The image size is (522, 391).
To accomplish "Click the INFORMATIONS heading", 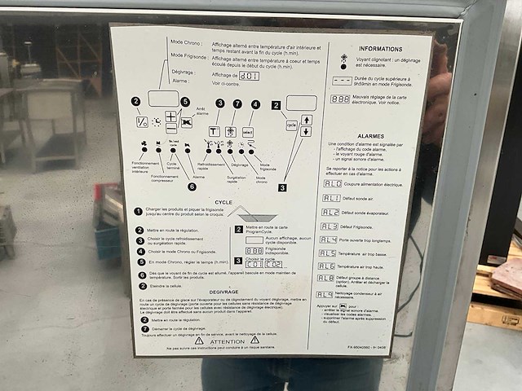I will (380, 49).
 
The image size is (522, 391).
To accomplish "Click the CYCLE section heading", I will (223, 202).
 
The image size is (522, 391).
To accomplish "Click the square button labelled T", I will (214, 130).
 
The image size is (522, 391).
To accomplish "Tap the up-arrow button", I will (307, 120).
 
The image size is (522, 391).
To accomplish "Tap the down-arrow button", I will (307, 132).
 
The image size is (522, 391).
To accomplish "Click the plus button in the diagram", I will (170, 116).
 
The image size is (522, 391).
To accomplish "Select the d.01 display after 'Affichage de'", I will (249, 76).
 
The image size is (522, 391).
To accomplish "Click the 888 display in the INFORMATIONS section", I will (340, 99).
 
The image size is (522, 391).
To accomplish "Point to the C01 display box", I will (253, 263).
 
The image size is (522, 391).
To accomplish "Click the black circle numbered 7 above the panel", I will (237, 104).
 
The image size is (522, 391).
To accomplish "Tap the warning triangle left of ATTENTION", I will (197, 340).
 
